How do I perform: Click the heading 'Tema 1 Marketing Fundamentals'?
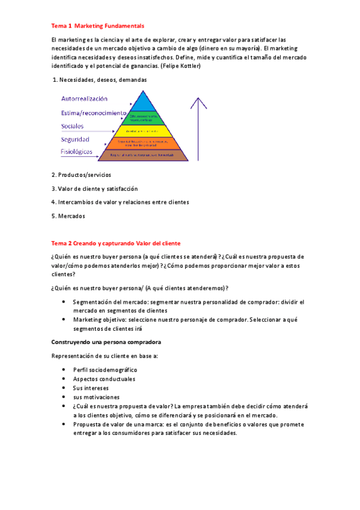(97, 26)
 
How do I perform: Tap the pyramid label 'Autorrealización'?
(84, 99)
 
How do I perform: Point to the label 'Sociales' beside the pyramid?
(72, 126)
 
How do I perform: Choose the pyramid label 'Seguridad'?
(75, 140)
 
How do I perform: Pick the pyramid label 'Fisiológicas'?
(77, 153)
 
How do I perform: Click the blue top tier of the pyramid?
(142, 102)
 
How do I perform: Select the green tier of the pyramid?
(142, 117)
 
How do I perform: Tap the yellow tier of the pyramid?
(142, 130)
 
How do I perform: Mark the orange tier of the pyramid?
(142, 143)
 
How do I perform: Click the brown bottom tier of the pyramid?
(142, 155)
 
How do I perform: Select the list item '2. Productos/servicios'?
(81, 174)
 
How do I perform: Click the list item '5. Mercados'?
(68, 216)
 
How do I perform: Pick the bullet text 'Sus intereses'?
(90, 388)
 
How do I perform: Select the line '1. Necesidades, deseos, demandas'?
(100, 80)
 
